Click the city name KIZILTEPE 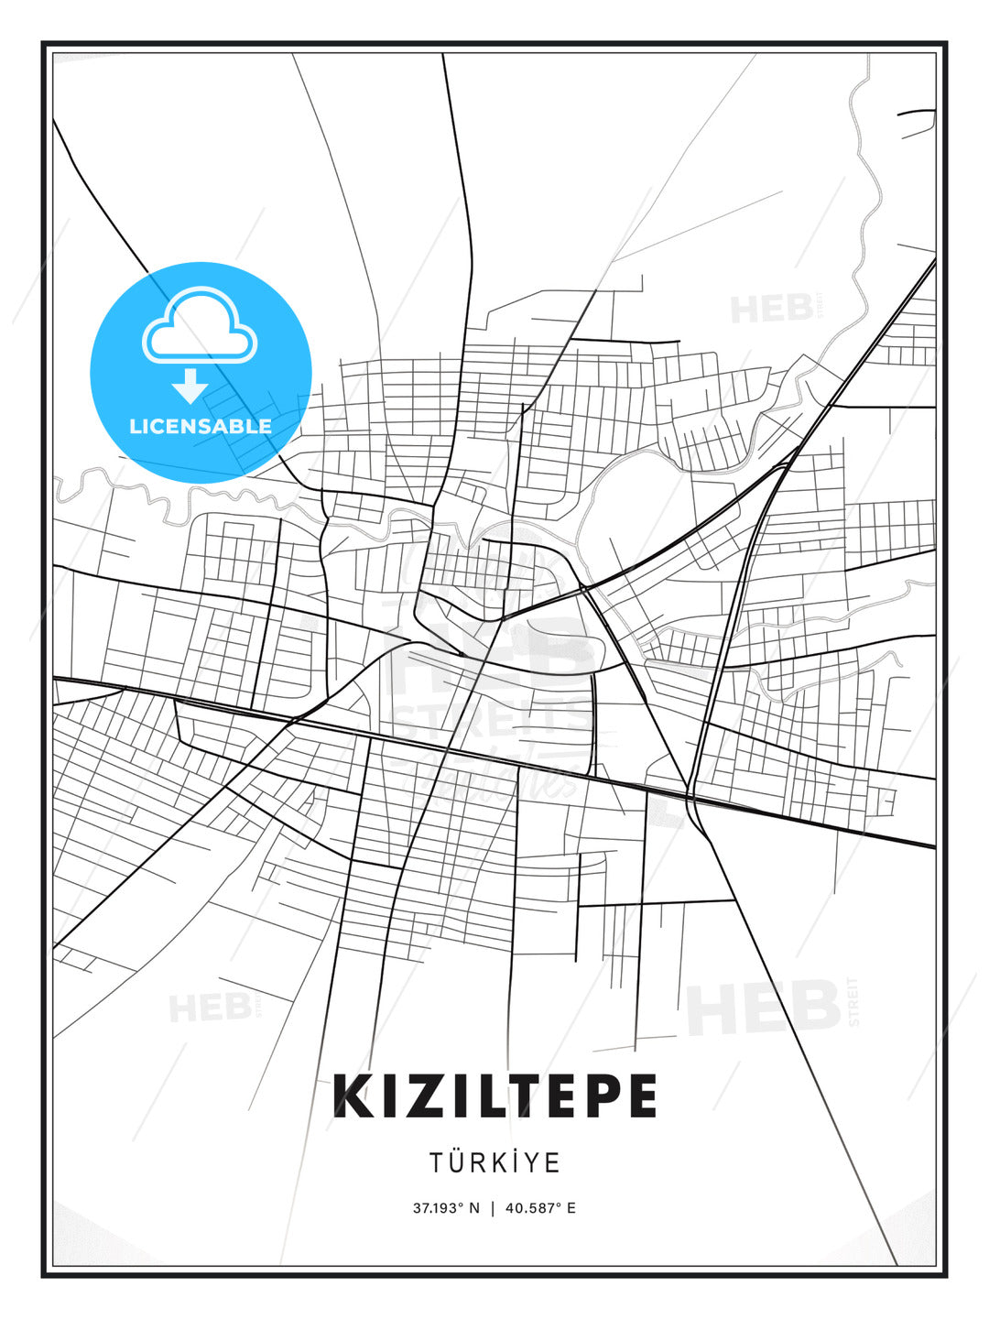pos(494,1096)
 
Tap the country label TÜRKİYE pos(494,1162)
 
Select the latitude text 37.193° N pos(446,1207)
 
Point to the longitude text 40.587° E pos(540,1207)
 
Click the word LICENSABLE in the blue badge pos(201,426)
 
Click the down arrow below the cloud pos(190,387)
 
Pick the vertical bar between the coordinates pos(493,1207)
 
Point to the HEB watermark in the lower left pos(211,1008)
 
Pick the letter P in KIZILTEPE pos(599,1096)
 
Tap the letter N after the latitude pos(473,1207)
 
